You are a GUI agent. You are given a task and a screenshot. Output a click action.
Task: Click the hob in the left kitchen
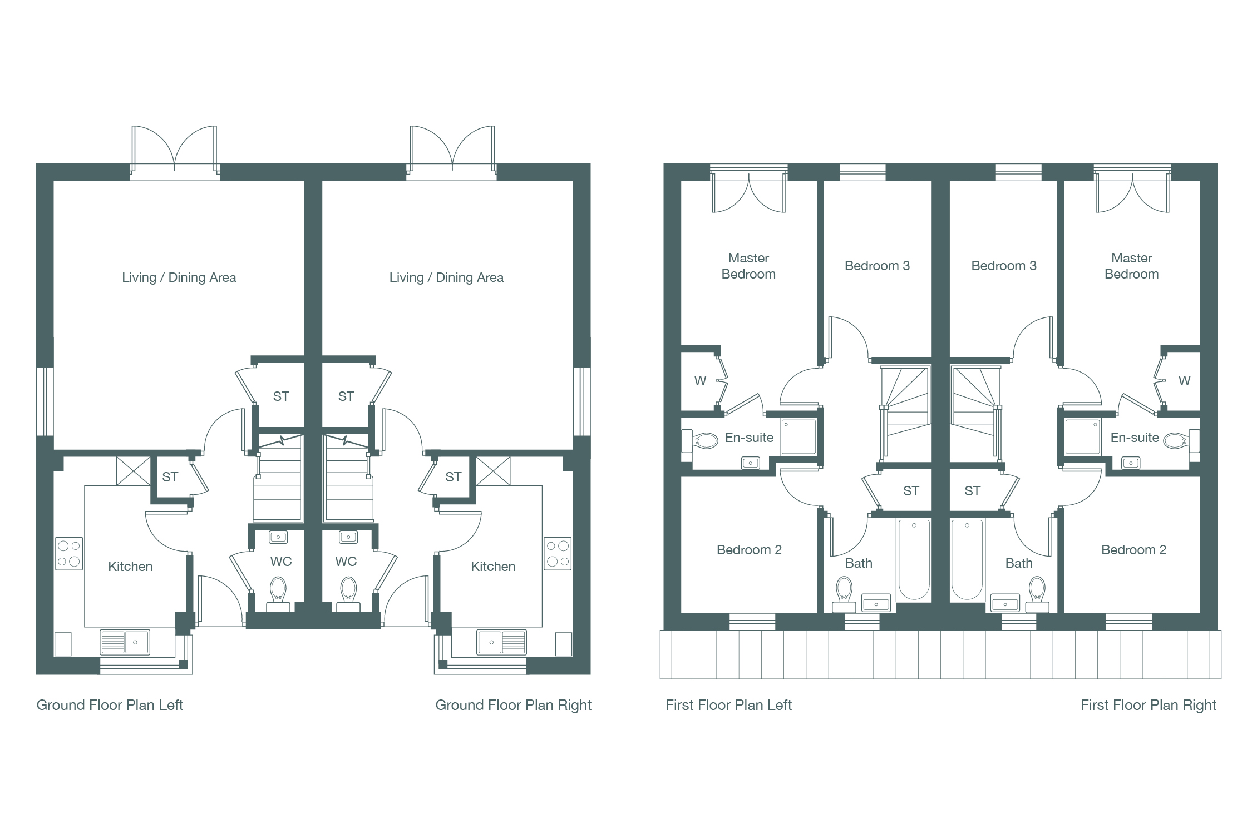69,554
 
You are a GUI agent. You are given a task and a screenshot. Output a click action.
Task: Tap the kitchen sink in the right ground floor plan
501,642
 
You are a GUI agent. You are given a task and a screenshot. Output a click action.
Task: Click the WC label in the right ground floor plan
346,562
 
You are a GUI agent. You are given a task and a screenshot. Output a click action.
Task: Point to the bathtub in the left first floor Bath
914,560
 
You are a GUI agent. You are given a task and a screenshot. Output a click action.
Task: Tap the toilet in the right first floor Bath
1037,594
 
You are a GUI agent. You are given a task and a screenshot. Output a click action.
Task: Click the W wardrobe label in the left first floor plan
700,381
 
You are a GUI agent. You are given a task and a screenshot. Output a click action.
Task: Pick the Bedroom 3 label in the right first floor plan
1004,266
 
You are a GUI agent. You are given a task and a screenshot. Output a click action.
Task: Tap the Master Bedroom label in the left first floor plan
748,266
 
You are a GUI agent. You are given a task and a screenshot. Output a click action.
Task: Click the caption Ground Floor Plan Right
513,705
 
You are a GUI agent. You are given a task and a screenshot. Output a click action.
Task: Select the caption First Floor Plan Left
728,705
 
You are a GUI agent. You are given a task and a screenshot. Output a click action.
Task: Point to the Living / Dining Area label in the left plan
179,277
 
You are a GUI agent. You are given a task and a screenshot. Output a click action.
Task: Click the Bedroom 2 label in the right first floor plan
1133,550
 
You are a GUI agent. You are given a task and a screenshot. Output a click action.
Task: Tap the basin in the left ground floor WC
278,537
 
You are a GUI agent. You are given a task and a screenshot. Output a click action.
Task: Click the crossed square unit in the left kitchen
134,470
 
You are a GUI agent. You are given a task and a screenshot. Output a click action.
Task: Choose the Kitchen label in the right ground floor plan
493,567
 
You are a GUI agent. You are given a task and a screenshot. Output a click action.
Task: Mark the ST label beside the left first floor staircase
911,491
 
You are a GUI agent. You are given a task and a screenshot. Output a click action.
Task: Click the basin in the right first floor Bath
1005,603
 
